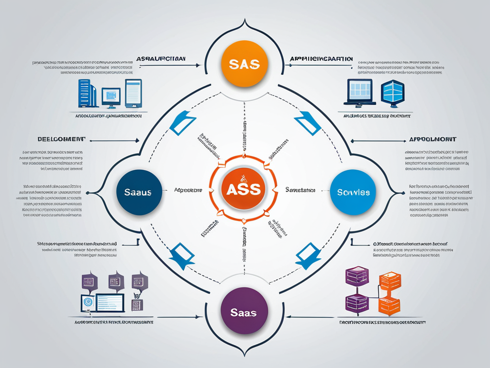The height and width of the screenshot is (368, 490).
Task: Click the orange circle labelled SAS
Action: point(245,63)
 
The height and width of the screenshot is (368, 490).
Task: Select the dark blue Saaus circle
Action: point(138,192)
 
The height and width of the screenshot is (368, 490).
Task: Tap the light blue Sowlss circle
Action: point(353,192)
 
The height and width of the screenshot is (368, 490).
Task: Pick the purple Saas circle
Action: point(245,311)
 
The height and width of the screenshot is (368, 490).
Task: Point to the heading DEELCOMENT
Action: point(62,139)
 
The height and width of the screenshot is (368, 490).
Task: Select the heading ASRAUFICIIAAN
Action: point(162,58)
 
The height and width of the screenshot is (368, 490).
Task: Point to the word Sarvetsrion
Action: point(300,190)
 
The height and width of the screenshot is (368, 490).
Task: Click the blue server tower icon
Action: point(87,93)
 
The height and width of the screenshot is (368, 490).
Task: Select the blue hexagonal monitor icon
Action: point(392,93)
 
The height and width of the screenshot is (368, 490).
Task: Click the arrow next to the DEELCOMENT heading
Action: point(115,141)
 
